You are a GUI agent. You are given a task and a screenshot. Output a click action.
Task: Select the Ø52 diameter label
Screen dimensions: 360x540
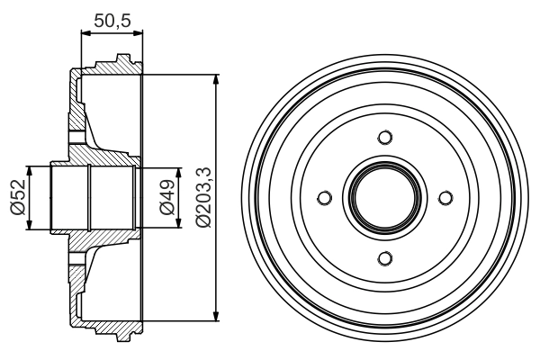coord(16,198)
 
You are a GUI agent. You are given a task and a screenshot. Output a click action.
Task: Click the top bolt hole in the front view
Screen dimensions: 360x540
coord(385,137)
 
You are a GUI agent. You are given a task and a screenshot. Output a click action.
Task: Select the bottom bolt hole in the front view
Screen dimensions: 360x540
coord(385,259)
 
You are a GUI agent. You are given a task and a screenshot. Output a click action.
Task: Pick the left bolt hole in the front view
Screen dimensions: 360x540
coord(324,198)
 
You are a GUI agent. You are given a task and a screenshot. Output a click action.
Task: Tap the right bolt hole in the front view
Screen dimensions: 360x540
coord(445,198)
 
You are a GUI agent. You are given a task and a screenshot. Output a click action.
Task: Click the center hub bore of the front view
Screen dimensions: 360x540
coord(385,198)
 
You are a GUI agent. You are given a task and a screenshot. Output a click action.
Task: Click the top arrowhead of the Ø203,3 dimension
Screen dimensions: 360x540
coord(216,81)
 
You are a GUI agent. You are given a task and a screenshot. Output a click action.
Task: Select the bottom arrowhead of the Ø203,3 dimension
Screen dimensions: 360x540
coord(216,315)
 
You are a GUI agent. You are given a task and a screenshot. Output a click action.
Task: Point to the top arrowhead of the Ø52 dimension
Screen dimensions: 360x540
coord(32,171)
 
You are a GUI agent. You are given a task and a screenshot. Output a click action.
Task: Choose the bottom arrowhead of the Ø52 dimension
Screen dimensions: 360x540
coord(32,225)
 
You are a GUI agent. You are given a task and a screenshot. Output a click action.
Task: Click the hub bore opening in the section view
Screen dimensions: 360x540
coord(90,198)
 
